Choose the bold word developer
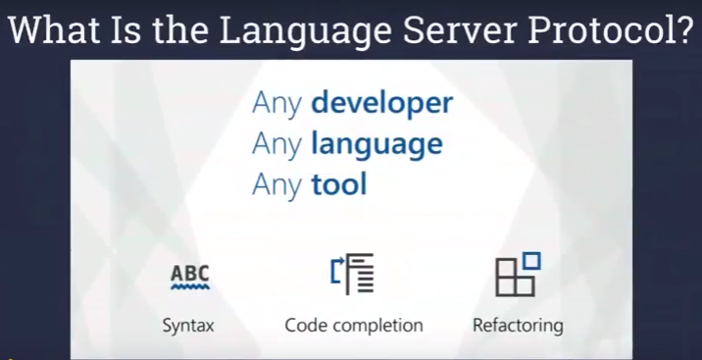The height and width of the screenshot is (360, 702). [382, 103]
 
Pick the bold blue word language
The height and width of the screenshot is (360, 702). [376, 144]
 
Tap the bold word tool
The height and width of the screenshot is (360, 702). [338, 183]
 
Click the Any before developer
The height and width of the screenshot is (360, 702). [277, 104]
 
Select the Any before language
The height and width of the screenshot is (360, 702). [277, 144]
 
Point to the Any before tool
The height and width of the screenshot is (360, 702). [277, 183]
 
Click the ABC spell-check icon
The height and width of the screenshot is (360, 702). [189, 276]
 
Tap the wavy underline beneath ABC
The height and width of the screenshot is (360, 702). [189, 288]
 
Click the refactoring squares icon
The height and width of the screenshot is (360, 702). [517, 276]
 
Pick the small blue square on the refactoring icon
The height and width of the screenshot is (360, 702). [533, 260]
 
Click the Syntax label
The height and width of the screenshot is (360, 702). [188, 325]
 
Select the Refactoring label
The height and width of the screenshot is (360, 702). [518, 325]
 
